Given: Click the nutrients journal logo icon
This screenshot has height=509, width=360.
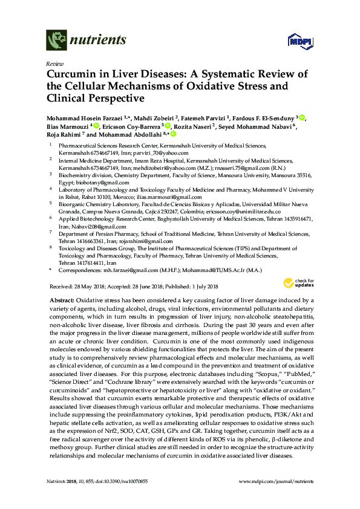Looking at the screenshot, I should [x=56, y=41].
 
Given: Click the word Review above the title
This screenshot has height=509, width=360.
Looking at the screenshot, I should [x=54, y=63].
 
